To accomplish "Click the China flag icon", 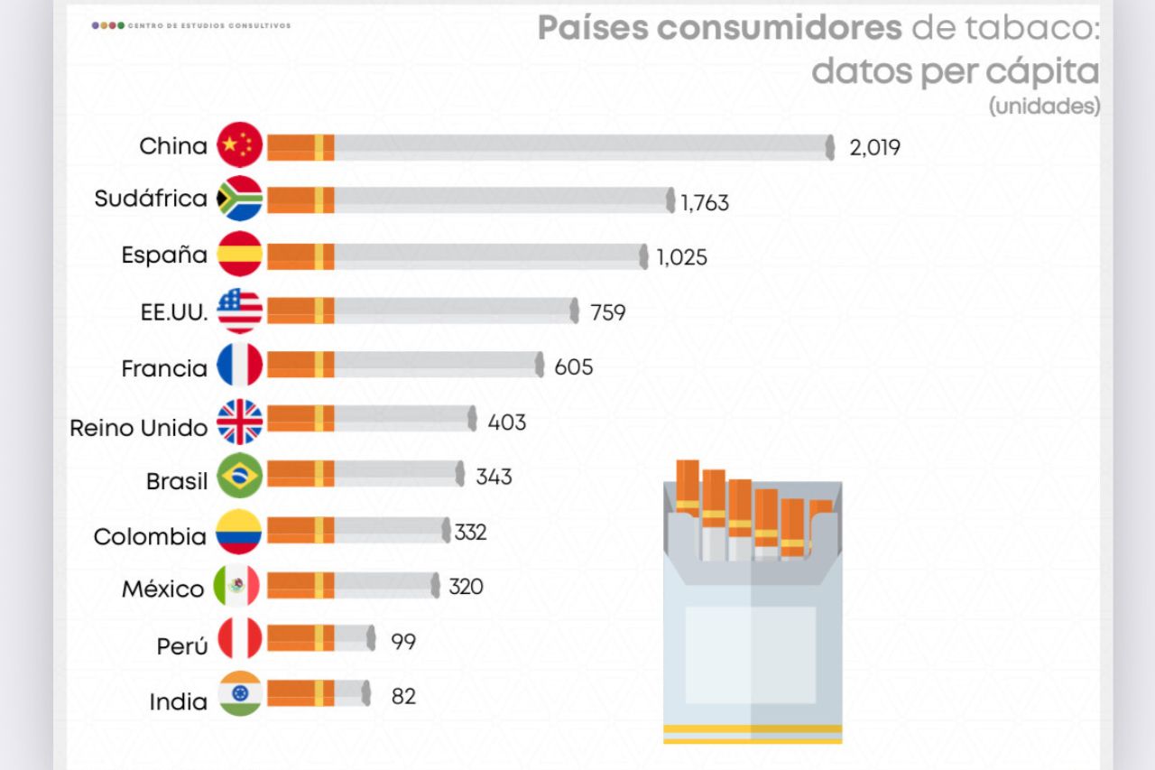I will pos(240,144).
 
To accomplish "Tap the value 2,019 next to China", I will pos(874,147).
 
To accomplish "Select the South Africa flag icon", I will pos(240,199).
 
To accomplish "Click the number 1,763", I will pos(705,203).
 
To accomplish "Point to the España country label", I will pos(164,255).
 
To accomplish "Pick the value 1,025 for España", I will pos(682,258).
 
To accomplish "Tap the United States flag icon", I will pos(240,311).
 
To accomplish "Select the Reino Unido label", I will pos(139,427).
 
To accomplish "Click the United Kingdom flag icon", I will pos(240,422).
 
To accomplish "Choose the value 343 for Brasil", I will pos(494,477).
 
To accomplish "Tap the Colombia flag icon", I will pos(238,532).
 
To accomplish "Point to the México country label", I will pos(163,589).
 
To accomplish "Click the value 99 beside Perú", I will pos(403,642).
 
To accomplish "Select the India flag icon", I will pos(240,693).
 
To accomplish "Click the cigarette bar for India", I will pos(319,693).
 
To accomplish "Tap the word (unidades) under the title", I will pos(1044,107).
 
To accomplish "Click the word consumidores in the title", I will pos(779,28).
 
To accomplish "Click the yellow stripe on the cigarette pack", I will pos(752,728).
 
